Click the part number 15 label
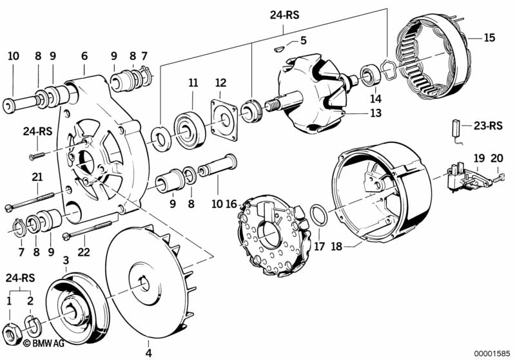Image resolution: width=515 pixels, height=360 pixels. pos(489,38)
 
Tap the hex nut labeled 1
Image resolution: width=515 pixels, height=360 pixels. pos(11,332)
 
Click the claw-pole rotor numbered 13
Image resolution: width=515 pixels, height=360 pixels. pos(309,93)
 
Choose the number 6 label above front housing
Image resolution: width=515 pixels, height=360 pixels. pos(84,56)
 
